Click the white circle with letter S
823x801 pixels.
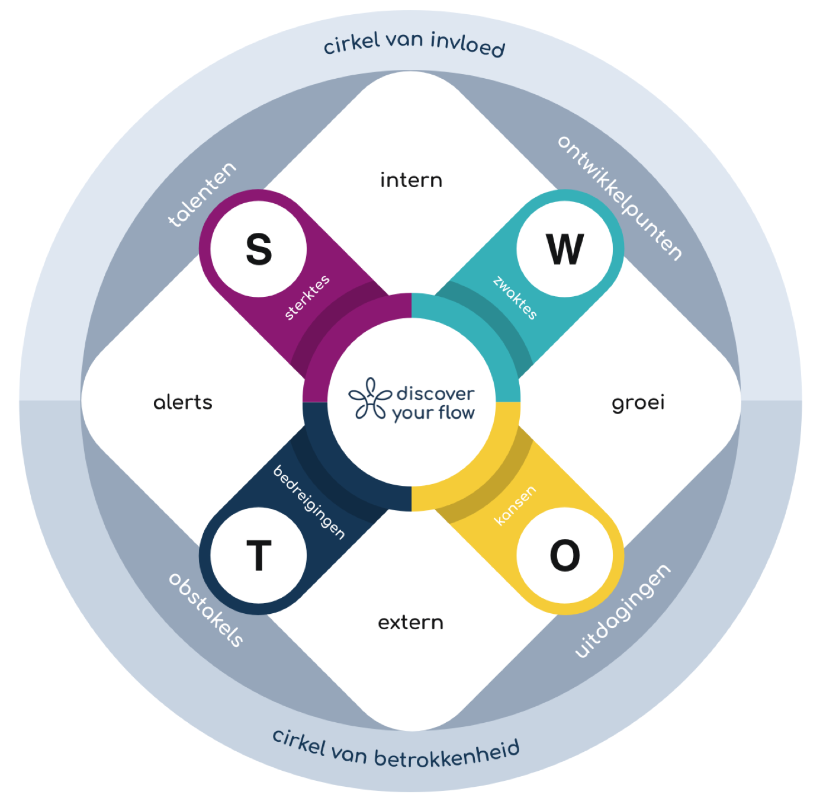[259, 249]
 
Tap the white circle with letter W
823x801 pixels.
[565, 249]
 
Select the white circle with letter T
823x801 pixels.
[259, 556]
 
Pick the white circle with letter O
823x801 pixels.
[565, 556]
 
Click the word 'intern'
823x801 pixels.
[411, 180]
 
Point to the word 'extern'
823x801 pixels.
[410, 623]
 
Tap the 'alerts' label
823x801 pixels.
[182, 403]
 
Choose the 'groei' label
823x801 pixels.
[638, 403]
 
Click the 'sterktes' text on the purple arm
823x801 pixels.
[307, 298]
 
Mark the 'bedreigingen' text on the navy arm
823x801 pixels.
[308, 502]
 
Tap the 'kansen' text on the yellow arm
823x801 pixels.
[515, 505]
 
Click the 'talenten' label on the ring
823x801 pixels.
[202, 194]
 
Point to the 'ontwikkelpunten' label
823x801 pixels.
[620, 198]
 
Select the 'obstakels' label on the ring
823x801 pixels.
[205, 610]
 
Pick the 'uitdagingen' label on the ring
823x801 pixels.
[623, 611]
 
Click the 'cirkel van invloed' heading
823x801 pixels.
[414, 44]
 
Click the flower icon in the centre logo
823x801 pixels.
[370, 399]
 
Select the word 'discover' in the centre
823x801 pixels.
[435, 393]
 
